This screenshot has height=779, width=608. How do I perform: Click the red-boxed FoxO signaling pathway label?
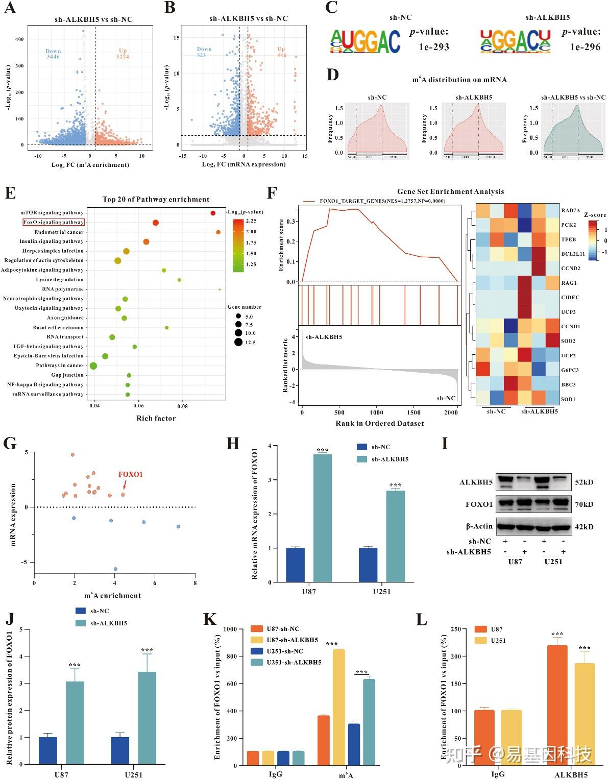pyautogui.click(x=53, y=222)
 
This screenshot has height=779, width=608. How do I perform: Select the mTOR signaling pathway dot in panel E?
pyautogui.click(x=213, y=212)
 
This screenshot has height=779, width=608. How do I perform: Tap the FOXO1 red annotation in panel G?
pyautogui.click(x=130, y=474)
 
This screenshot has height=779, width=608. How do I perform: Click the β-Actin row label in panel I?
pyautogui.click(x=479, y=526)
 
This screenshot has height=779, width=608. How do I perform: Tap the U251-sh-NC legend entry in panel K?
pyautogui.click(x=285, y=651)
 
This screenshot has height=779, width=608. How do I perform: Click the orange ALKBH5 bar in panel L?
pyautogui.click(x=557, y=705)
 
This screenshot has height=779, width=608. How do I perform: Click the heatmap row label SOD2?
pyautogui.click(x=568, y=340)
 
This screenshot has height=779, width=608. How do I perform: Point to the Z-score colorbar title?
pyautogui.click(x=595, y=215)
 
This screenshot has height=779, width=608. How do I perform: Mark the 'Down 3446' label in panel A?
pyautogui.click(x=53, y=54)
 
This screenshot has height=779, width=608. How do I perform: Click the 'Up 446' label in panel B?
pyautogui.click(x=281, y=52)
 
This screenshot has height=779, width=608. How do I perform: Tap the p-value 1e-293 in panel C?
pyautogui.click(x=434, y=47)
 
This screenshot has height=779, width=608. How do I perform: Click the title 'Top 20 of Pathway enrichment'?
pyautogui.click(x=156, y=199)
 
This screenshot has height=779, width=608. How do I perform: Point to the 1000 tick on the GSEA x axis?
pyautogui.click(x=376, y=412)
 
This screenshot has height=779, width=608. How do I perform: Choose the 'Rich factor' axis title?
pyautogui.click(x=156, y=418)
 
